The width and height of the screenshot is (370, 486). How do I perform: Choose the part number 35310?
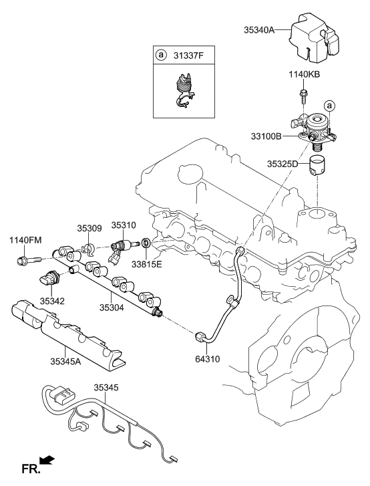[x=123, y=226]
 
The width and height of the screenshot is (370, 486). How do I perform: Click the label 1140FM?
[x=25, y=240]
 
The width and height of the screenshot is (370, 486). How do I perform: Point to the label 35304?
[x=112, y=308]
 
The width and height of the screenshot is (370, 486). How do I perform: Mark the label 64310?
[x=207, y=359]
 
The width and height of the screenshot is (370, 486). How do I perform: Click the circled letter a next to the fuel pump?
[x=329, y=106]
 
